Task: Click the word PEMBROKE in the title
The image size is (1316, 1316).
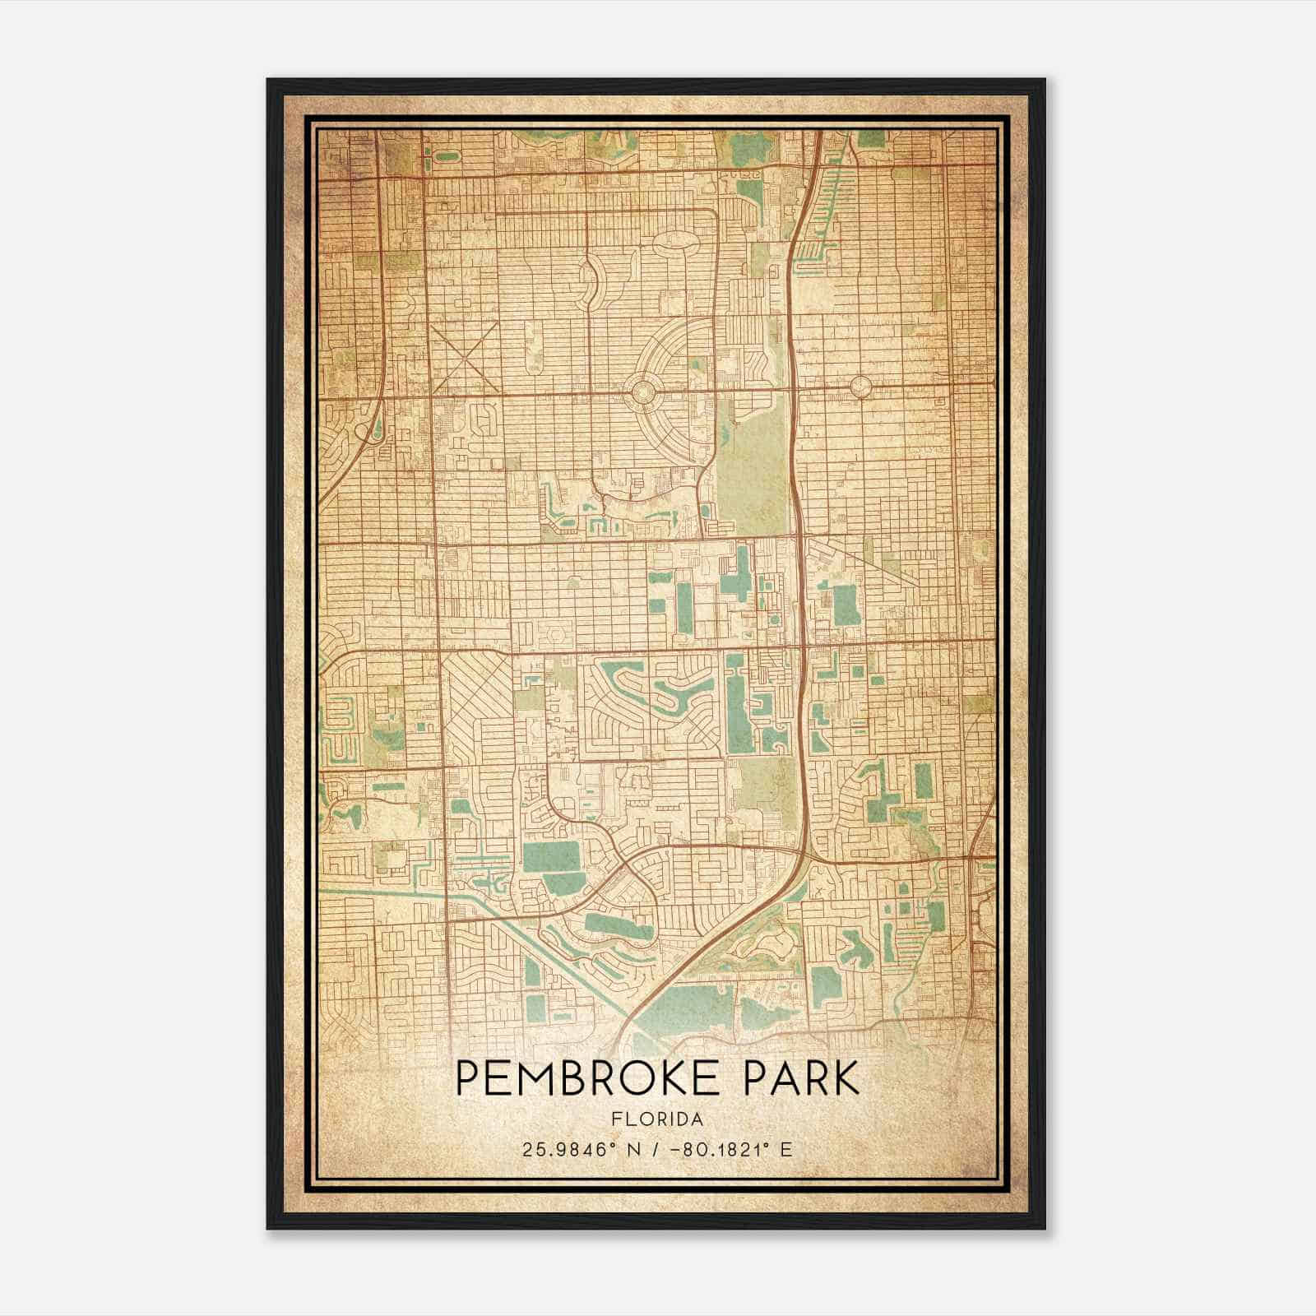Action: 592,1077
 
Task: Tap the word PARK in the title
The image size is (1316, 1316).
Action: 801,1077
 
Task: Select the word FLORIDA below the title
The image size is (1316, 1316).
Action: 657,1119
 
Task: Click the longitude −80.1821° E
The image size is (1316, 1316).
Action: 731,1149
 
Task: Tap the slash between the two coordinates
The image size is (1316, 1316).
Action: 651,1149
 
